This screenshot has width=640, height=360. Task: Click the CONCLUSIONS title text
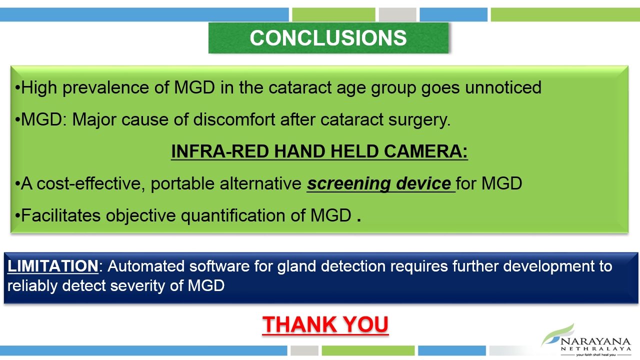tap(328, 37)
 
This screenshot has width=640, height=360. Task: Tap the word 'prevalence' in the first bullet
tap(105, 87)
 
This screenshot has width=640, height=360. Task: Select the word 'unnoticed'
tap(503, 87)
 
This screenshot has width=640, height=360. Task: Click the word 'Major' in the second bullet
tap(94, 119)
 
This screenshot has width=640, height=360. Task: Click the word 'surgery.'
tap(419, 119)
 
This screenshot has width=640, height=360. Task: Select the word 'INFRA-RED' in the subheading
tap(220, 151)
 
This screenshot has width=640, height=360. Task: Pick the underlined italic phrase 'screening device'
tap(379, 183)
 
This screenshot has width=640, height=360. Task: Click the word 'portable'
tap(182, 183)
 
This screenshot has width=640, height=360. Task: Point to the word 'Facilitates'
tap(60, 215)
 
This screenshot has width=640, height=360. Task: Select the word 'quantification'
tap(233, 215)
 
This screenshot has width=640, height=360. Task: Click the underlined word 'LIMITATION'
tap(53, 266)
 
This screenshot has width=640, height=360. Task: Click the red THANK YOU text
tap(325, 324)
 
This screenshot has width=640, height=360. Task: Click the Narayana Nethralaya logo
tap(585, 340)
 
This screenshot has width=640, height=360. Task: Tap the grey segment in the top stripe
tap(397, 14)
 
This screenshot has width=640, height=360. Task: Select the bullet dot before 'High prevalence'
tap(17, 88)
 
